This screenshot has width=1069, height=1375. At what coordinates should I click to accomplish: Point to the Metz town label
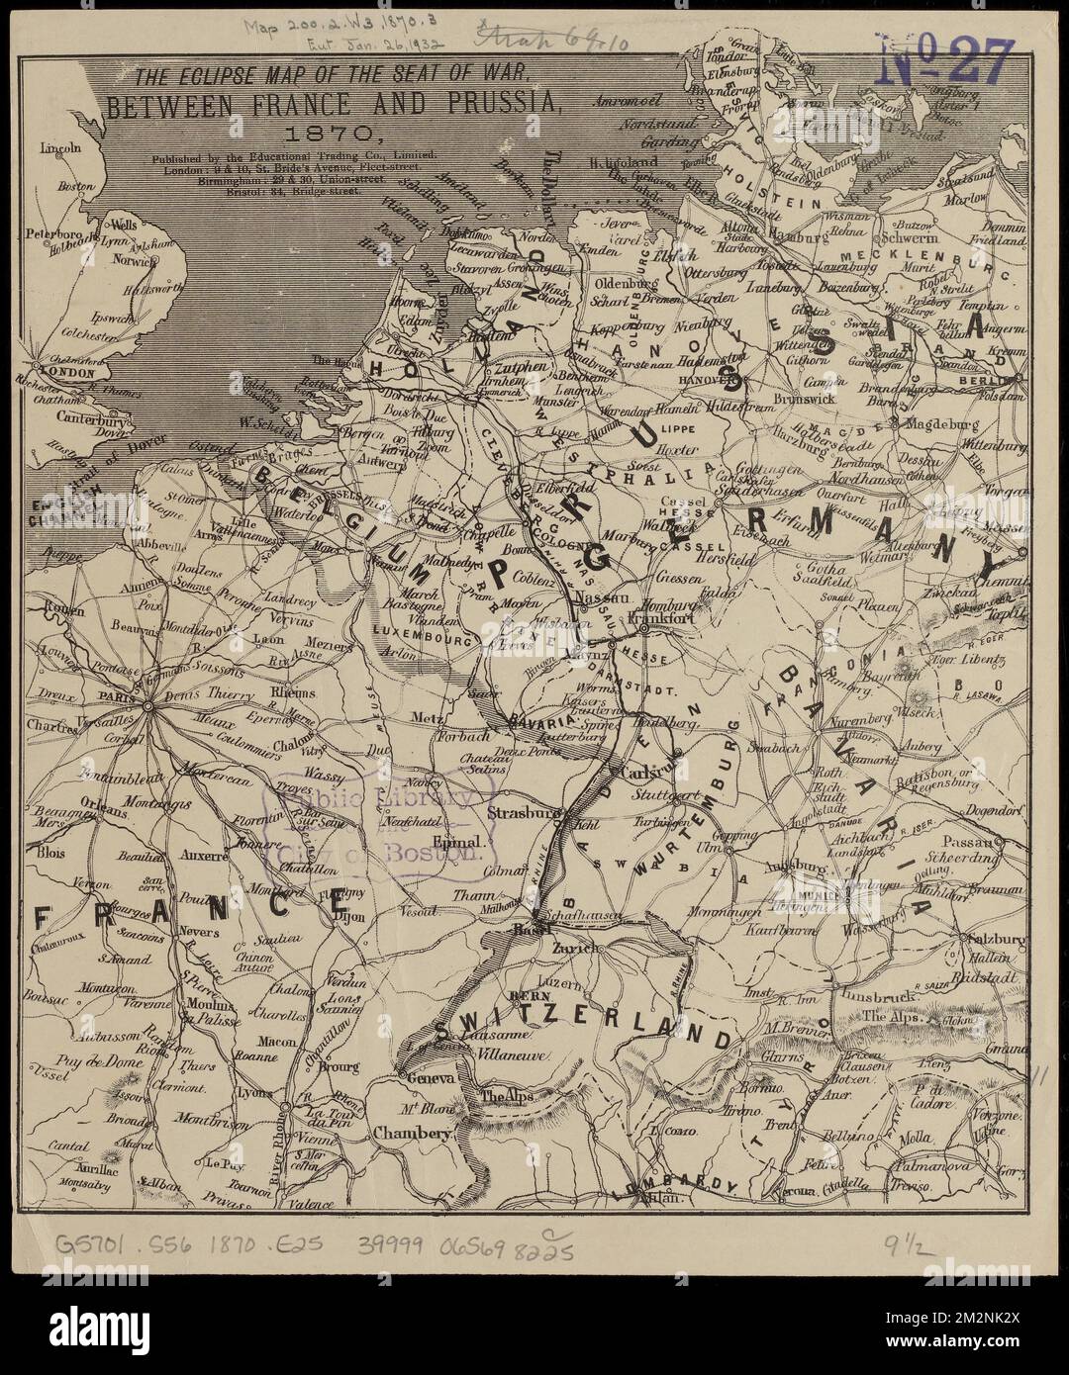(x=456, y=717)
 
